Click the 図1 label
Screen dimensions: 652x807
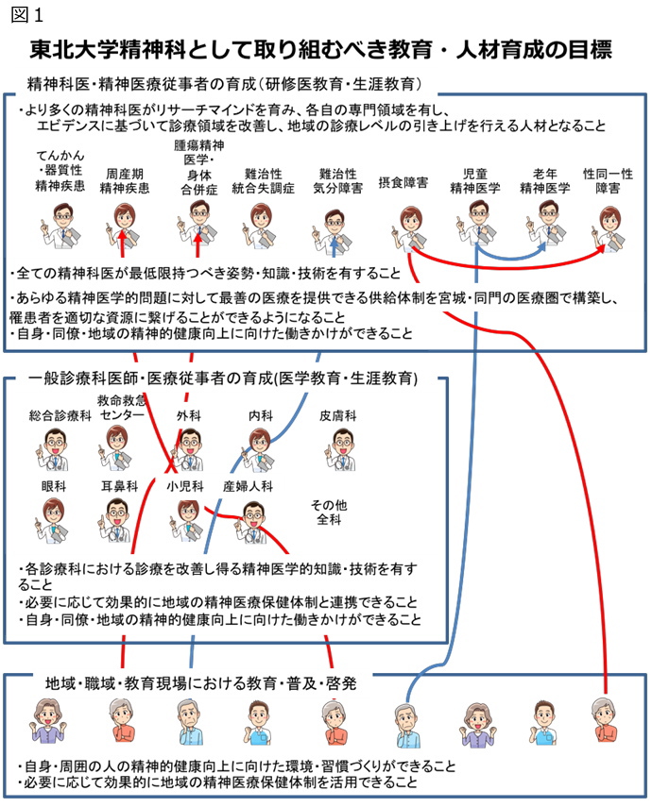coord(26,14)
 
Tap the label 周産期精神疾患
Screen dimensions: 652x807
coord(125,181)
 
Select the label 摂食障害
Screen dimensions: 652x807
coord(403,183)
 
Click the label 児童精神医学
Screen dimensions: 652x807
coord(475,181)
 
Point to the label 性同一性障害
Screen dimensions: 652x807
coord(609,181)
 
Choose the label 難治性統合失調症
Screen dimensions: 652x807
coord(264,181)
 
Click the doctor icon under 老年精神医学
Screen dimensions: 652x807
coord(545,223)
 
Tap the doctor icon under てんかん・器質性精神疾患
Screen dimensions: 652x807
coord(60,226)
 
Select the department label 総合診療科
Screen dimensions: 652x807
coord(60,415)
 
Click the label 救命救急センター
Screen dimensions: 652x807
coord(122,407)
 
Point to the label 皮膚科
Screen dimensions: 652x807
coord(338,415)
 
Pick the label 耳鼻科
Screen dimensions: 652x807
coord(120,486)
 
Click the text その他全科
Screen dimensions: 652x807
coord(329,513)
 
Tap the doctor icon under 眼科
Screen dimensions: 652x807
coord(54,521)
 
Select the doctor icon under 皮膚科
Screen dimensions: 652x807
coord(340,449)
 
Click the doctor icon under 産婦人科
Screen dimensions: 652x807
coord(251,521)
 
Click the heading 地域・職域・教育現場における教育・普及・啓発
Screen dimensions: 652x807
coord(201,683)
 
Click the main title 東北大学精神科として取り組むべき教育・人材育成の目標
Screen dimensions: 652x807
coord(320,49)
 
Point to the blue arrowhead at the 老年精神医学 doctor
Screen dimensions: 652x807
coord(542,246)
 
